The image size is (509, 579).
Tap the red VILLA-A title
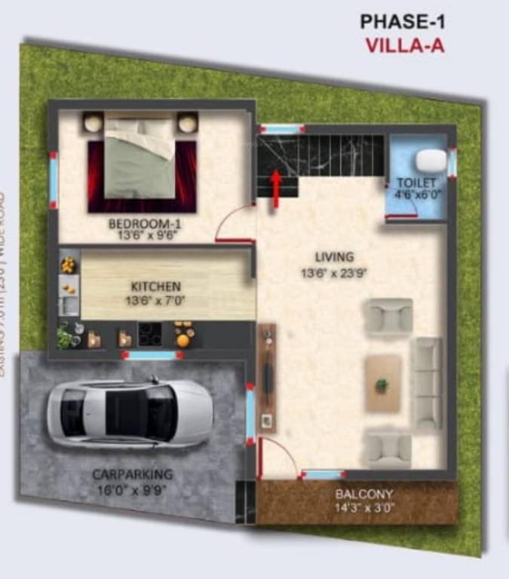pyautogui.click(x=405, y=44)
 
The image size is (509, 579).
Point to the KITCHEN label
pyautogui.click(x=156, y=286)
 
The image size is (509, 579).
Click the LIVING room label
pyautogui.click(x=334, y=256)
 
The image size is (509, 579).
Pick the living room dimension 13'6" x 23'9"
pyautogui.click(x=334, y=274)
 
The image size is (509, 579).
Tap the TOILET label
pyautogui.click(x=416, y=183)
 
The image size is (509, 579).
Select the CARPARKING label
pyautogui.click(x=133, y=474)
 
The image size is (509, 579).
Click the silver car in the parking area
pyautogui.click(x=129, y=413)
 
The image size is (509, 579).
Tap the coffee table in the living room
pyautogui.click(x=383, y=384)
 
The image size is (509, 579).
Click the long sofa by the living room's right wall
pyautogui.click(x=428, y=384)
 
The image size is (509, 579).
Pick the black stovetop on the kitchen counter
pyautogui.click(x=149, y=333)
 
